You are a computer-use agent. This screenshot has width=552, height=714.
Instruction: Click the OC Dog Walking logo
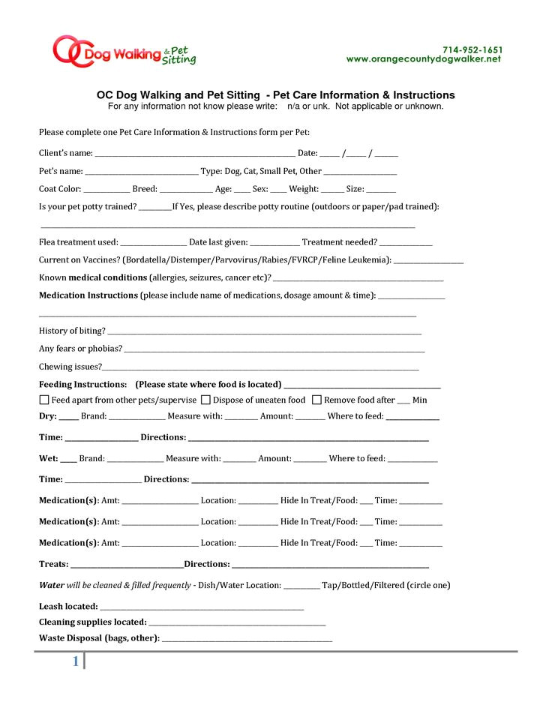[x=124, y=52]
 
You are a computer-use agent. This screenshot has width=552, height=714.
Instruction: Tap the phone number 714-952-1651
[x=472, y=49]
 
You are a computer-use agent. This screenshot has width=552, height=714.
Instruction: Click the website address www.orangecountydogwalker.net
[x=423, y=59]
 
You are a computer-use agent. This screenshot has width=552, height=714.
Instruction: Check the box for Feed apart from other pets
[x=44, y=400]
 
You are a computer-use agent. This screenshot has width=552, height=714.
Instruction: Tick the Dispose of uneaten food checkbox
[x=205, y=400]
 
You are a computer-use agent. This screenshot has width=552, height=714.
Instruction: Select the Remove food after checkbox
[x=316, y=400]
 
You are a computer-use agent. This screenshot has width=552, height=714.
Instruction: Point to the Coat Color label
[x=60, y=189]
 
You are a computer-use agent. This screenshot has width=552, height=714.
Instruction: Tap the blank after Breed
[x=186, y=191]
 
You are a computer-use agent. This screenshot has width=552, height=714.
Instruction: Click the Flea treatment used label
[x=78, y=242]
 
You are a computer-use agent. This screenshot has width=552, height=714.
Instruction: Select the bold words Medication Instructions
[x=88, y=295]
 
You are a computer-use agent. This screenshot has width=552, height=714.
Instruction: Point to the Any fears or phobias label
[x=79, y=349]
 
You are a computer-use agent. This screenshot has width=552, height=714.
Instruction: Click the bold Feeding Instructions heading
[x=82, y=384]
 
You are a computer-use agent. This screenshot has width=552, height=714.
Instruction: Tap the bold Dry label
[x=47, y=416]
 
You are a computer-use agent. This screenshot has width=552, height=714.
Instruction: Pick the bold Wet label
[x=48, y=458]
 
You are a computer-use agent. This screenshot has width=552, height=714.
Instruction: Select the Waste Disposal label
[x=98, y=638]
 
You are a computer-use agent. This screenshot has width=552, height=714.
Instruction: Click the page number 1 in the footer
[x=75, y=661]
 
